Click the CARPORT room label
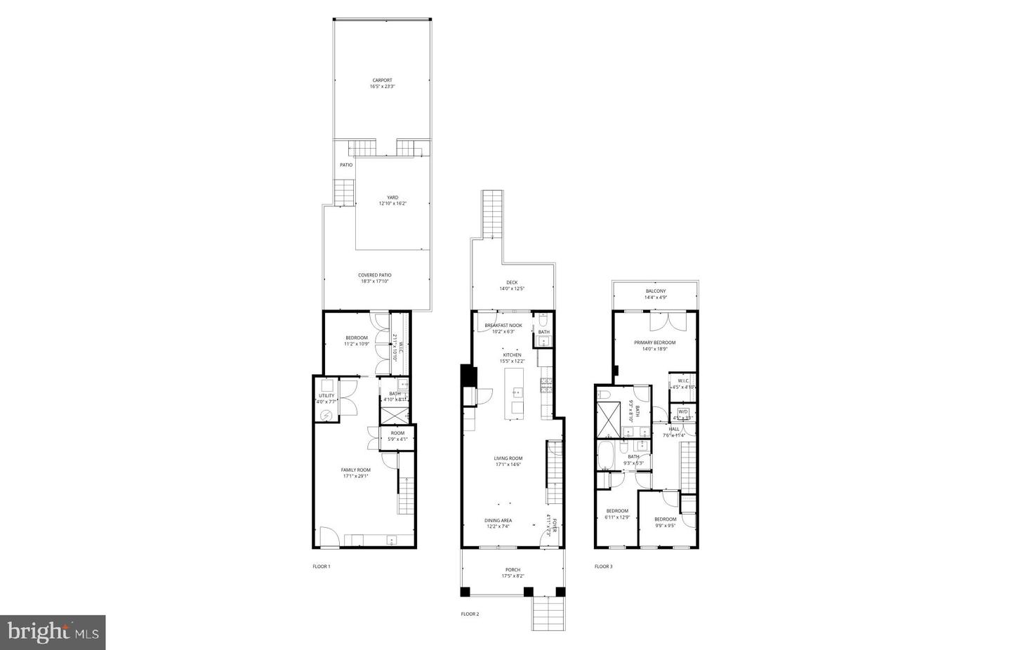(x=382, y=80)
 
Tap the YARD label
(x=392, y=197)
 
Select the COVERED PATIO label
(x=374, y=275)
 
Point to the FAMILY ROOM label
(x=355, y=470)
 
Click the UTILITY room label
(x=326, y=396)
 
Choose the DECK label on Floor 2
(x=512, y=282)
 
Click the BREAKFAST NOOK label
(x=503, y=325)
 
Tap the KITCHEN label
(x=512, y=355)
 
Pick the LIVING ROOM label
(x=508, y=458)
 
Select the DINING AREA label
(x=498, y=520)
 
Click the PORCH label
(x=513, y=569)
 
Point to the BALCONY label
(x=655, y=291)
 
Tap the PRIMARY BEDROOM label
(x=654, y=343)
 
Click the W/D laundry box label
(x=682, y=411)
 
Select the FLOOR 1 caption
(x=321, y=566)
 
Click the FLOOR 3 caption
(x=603, y=566)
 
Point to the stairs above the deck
(x=492, y=213)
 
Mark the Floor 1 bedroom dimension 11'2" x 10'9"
(x=356, y=344)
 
